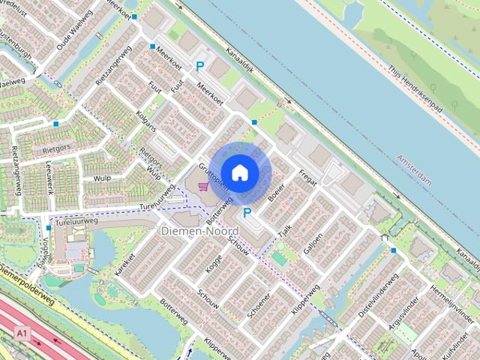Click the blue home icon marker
239,172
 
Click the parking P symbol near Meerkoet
199,67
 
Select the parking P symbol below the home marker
247,213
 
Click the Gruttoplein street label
212,174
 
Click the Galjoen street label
313,244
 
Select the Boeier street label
275,190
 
